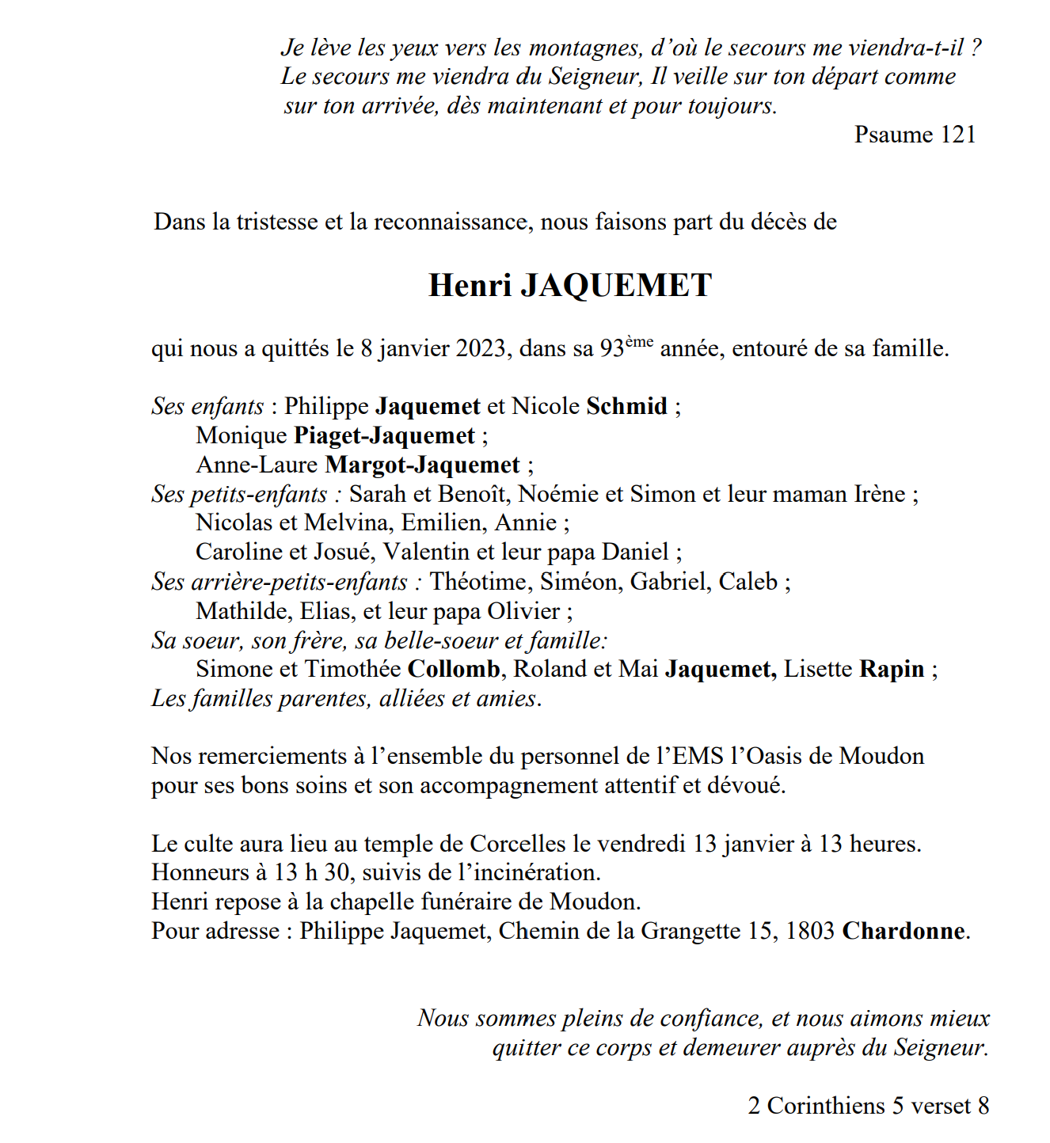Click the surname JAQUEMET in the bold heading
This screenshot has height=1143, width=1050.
tap(616, 286)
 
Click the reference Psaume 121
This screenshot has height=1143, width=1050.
tap(915, 135)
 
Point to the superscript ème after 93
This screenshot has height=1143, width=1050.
tap(639, 342)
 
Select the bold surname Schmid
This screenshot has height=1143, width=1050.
tap(626, 406)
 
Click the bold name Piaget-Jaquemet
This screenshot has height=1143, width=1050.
tap(384, 435)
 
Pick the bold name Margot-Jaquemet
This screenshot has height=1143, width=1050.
tap(422, 465)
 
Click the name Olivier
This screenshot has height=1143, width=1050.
tap(523, 611)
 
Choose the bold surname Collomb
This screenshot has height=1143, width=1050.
tap(454, 670)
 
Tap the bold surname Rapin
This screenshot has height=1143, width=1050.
tap(892, 670)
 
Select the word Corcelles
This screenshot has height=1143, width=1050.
tap(518, 844)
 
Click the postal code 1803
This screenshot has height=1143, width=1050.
tap(809, 931)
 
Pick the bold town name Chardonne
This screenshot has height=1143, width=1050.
tap(904, 931)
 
